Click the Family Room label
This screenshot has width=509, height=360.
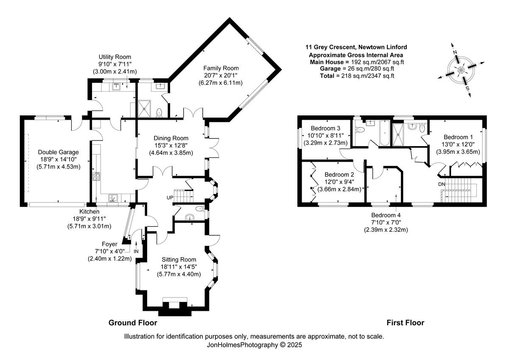click(x=221, y=68)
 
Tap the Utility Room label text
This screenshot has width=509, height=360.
click(x=115, y=57)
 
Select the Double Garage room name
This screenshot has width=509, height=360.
click(x=59, y=152)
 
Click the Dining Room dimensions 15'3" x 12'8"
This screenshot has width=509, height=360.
click(x=171, y=146)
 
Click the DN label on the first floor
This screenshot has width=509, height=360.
click(x=442, y=185)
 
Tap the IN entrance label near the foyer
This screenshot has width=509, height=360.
click(x=136, y=251)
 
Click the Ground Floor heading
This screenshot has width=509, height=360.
click(x=133, y=323)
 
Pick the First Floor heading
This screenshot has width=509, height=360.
click(x=405, y=323)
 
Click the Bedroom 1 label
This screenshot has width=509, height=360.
click(x=458, y=137)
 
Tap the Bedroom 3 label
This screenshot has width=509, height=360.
click(x=325, y=128)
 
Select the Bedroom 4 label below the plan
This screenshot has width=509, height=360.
click(x=386, y=215)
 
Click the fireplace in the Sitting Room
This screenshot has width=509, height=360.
click(x=174, y=305)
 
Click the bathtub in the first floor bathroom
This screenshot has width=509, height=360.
click(x=382, y=133)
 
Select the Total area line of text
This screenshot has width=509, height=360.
click(x=357, y=76)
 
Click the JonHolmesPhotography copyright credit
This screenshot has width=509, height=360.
click(x=254, y=345)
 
